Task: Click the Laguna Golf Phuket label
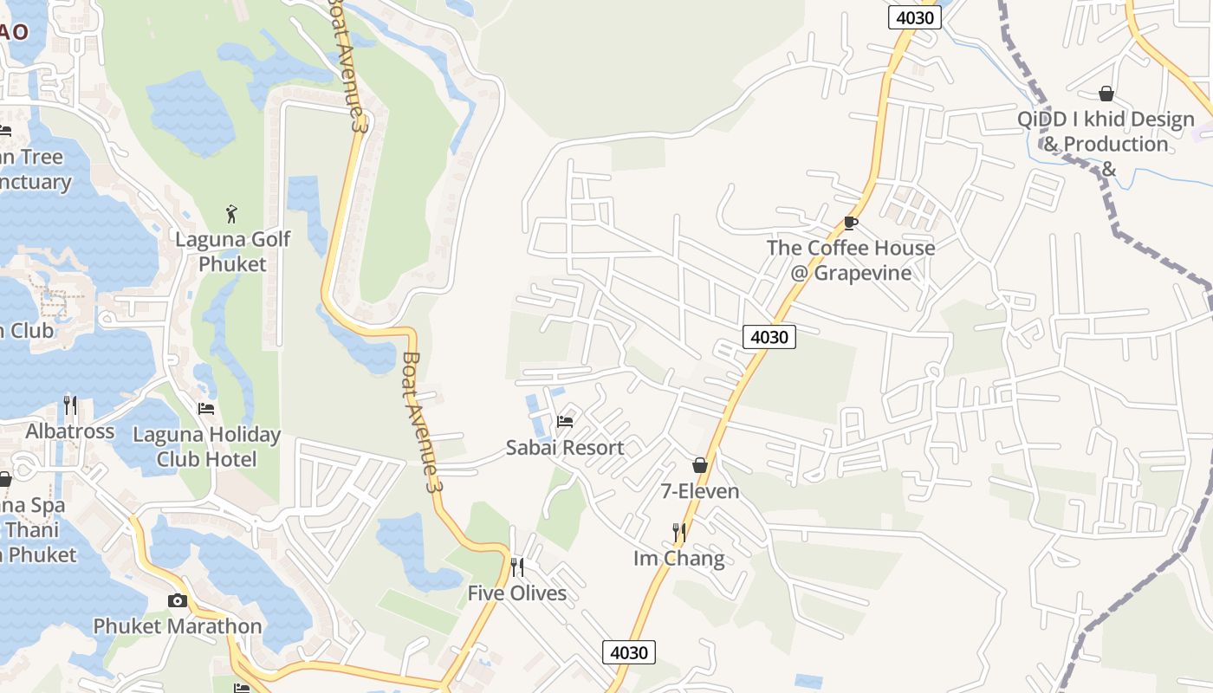click(233, 251)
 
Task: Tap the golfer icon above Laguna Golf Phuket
click(231, 213)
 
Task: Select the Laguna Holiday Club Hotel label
click(206, 446)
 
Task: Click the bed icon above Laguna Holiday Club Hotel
click(206, 408)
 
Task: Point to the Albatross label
click(70, 431)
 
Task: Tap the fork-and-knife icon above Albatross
click(70, 405)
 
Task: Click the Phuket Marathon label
click(178, 626)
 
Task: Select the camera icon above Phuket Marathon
click(178, 600)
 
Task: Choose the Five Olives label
click(517, 593)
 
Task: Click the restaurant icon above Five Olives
click(517, 567)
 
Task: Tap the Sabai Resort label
click(565, 448)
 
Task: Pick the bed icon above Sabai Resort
click(565, 422)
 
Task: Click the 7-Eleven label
click(700, 492)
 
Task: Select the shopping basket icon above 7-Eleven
click(700, 465)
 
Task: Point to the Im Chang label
click(679, 559)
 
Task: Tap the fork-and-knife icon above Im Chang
click(679, 532)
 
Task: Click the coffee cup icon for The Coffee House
click(851, 223)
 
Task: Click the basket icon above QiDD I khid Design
click(1106, 94)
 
